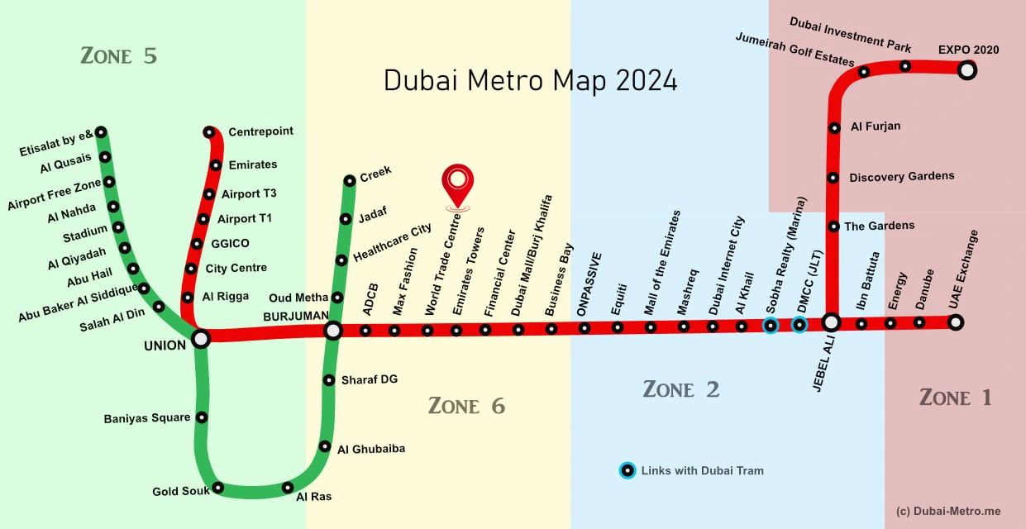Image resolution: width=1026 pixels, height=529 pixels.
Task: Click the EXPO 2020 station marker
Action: [967, 70]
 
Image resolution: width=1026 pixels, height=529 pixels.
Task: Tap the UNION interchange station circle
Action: [201, 338]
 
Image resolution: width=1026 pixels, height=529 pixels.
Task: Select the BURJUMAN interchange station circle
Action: [332, 331]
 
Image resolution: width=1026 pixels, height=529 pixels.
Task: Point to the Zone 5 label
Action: [118, 56]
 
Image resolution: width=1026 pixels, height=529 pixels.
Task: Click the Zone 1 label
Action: [955, 398]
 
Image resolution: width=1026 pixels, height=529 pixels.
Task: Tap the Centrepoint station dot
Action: [209, 132]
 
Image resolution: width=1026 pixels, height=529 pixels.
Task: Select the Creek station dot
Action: [350, 179]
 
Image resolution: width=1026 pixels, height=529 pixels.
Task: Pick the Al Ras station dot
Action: [288, 487]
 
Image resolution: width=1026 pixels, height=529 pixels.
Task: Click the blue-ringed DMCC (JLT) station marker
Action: [799, 325]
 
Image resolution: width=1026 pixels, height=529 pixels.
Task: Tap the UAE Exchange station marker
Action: [956, 322]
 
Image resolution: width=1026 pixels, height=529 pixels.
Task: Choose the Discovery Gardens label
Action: [901, 176]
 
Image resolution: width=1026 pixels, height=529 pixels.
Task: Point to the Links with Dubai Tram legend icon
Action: [628, 471]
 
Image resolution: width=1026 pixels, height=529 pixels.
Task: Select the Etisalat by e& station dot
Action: [101, 131]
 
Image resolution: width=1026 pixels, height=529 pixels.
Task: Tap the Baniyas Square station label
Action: [147, 418]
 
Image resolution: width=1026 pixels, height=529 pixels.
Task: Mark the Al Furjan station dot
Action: [834, 127]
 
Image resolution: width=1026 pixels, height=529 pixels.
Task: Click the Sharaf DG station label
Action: [370, 379]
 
